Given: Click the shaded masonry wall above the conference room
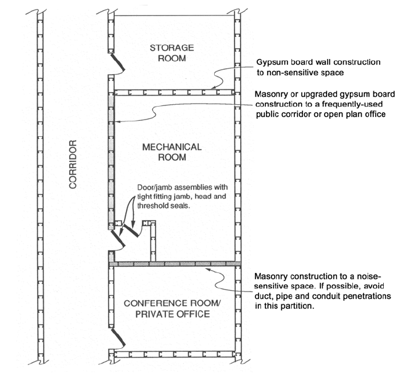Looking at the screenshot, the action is click(174, 263).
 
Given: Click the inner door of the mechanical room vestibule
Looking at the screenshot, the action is click(133, 230).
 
